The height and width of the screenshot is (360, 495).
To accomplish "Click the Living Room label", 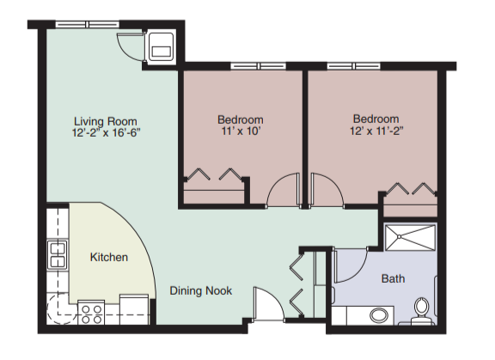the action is [x=106, y=121].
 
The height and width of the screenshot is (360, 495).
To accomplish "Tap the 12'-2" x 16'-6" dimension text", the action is [x=106, y=132].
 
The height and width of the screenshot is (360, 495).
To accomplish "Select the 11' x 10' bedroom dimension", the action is [x=241, y=131].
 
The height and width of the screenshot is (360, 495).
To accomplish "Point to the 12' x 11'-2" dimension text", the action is [x=376, y=131].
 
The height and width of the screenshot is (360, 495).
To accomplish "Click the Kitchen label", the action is [x=109, y=257].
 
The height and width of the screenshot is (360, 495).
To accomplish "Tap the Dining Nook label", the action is [x=201, y=290].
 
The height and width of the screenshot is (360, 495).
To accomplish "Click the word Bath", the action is [x=393, y=278].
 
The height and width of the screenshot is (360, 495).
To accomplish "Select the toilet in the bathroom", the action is [x=421, y=311].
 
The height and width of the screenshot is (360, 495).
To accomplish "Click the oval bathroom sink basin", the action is [x=379, y=315].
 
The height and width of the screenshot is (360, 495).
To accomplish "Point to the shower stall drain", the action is [x=400, y=236].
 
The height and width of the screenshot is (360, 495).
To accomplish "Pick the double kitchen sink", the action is [x=57, y=255].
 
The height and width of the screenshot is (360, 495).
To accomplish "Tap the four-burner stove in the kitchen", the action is [x=91, y=313].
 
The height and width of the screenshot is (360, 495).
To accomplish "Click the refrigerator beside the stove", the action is [x=134, y=309].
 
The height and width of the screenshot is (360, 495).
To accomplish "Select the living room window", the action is [x=88, y=24].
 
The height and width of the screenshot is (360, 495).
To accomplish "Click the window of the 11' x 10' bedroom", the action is [x=258, y=66].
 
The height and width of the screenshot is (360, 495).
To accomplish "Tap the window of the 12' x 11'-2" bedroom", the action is [x=353, y=66].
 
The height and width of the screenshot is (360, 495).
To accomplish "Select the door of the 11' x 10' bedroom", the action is [x=284, y=189].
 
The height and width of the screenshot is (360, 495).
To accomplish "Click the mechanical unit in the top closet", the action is [x=162, y=46].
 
